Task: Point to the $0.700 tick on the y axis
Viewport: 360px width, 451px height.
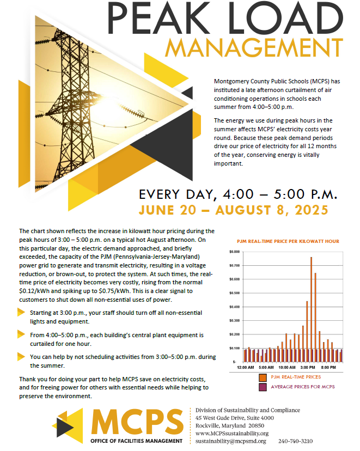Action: click(235, 265)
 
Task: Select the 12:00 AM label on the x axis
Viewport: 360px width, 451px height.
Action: click(246, 368)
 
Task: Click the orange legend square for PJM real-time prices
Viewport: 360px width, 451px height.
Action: click(262, 377)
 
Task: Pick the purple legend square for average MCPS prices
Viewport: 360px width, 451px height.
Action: click(262, 387)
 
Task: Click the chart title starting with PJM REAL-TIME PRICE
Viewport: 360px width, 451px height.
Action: click(288, 241)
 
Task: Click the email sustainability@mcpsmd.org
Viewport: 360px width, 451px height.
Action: click(231, 441)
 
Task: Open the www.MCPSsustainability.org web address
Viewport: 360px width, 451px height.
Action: click(231, 433)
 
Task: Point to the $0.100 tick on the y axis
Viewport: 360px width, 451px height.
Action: click(235, 348)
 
